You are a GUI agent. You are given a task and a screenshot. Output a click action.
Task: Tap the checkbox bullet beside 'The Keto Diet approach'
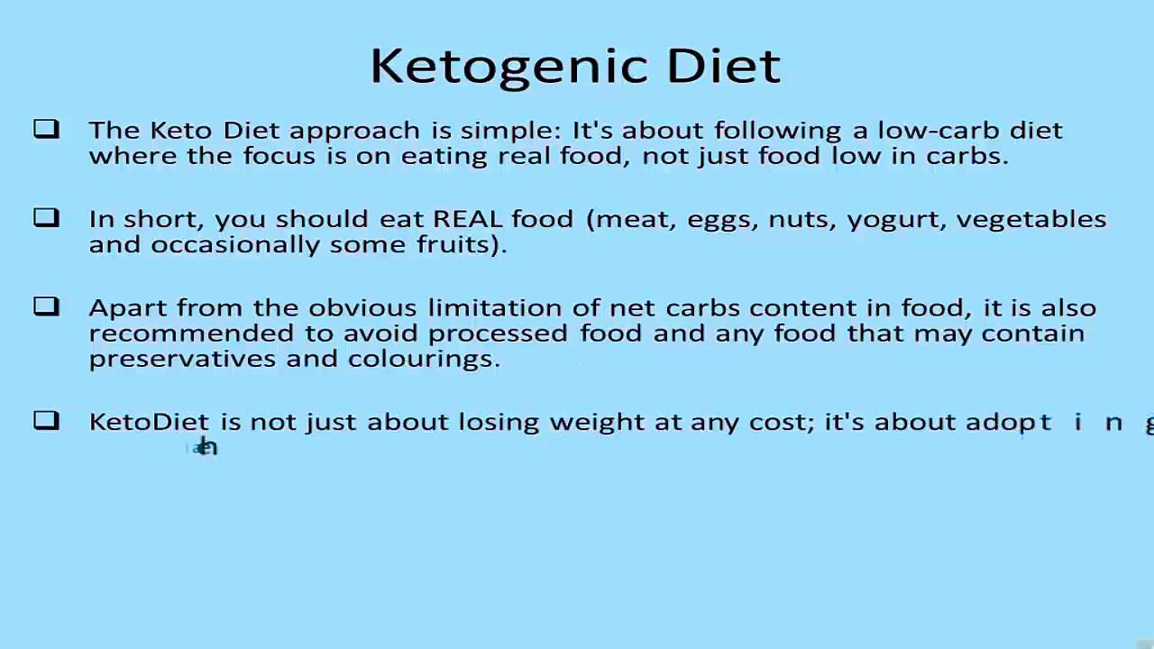click(x=46, y=129)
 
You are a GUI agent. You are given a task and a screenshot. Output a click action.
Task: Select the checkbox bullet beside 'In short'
click(x=46, y=217)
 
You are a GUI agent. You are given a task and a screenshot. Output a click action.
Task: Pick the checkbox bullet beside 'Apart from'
click(x=46, y=306)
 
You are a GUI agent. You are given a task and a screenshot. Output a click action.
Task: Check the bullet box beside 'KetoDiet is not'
click(x=46, y=420)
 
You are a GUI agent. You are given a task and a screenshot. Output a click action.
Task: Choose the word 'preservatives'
click(x=183, y=360)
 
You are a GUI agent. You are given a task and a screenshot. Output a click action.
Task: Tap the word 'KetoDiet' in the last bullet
click(x=149, y=422)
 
